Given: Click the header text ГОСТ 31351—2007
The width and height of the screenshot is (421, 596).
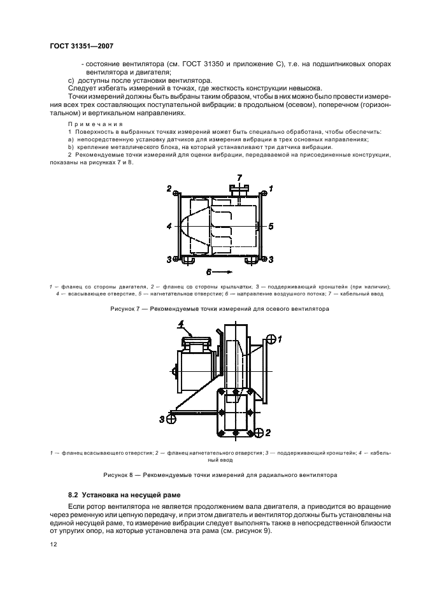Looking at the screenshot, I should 81,45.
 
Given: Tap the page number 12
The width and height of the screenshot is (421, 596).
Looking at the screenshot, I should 54,545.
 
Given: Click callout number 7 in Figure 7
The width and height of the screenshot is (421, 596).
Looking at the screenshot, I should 239,176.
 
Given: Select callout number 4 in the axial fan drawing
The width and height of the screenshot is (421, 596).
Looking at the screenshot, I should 168,226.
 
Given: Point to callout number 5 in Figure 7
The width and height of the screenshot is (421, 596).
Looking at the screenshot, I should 271,226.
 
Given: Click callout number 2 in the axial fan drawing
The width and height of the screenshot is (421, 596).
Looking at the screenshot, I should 169,188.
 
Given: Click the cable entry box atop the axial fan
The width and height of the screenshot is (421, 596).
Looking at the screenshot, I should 239,188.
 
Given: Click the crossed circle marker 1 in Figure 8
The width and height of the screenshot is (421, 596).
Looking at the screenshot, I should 270,339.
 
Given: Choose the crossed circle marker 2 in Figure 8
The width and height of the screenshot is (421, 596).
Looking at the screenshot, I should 258,433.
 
